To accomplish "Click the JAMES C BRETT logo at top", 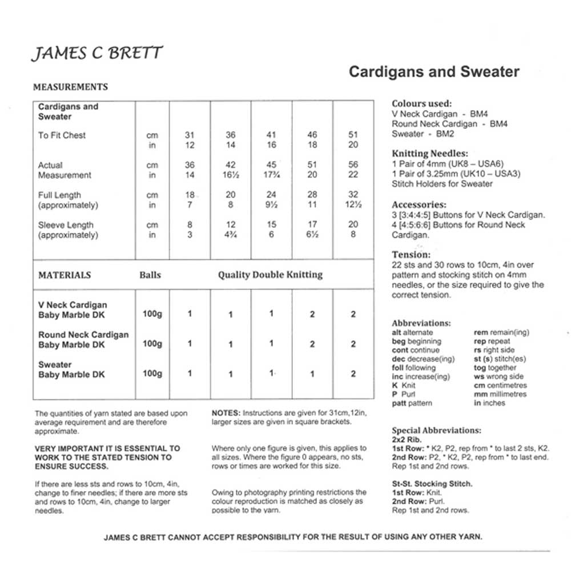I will coord(96,54).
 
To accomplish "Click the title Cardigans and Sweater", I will coord(434,72).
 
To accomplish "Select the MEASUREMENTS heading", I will coord(71,87).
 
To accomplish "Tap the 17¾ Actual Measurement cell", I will coord(271,175).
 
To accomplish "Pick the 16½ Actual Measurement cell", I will coord(231,175).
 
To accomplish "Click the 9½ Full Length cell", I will coord(271,205).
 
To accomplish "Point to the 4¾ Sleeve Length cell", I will coord(231,235).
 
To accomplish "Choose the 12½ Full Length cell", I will coord(353,205).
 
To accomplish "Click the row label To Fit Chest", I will coord(62,135).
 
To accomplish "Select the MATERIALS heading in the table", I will coord(65,275).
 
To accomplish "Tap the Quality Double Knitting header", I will coord(270,275).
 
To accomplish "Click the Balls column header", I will coord(150,275).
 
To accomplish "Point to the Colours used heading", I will coord(421,104).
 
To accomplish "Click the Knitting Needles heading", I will coord(430,154).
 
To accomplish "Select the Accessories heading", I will coord(419,204).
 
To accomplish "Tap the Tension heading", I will coord(411,255).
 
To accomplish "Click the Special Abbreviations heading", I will coord(436,430).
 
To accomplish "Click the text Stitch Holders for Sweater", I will coord(442,184).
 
